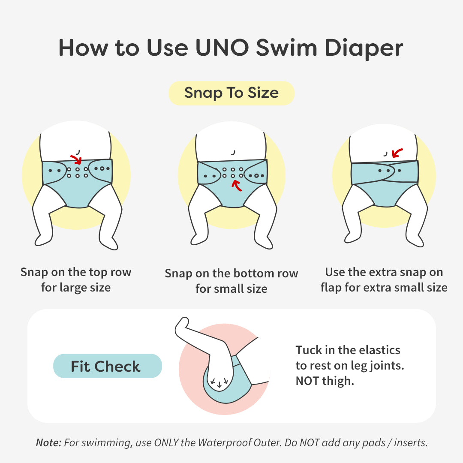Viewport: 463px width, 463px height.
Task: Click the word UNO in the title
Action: (x=222, y=48)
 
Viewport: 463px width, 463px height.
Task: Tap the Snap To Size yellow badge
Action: (x=231, y=93)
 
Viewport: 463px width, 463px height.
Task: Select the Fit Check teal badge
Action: (x=108, y=366)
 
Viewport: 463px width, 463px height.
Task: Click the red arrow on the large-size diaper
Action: (x=76, y=159)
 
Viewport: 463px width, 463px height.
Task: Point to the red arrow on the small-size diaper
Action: (x=237, y=186)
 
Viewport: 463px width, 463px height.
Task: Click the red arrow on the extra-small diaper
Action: (x=397, y=153)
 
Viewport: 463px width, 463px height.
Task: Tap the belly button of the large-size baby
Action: (x=78, y=152)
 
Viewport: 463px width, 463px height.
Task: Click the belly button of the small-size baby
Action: (x=233, y=152)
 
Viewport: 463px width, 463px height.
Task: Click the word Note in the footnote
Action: (x=48, y=442)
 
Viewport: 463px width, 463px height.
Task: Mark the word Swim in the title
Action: (x=286, y=48)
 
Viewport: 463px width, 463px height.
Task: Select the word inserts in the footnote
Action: (x=411, y=443)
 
